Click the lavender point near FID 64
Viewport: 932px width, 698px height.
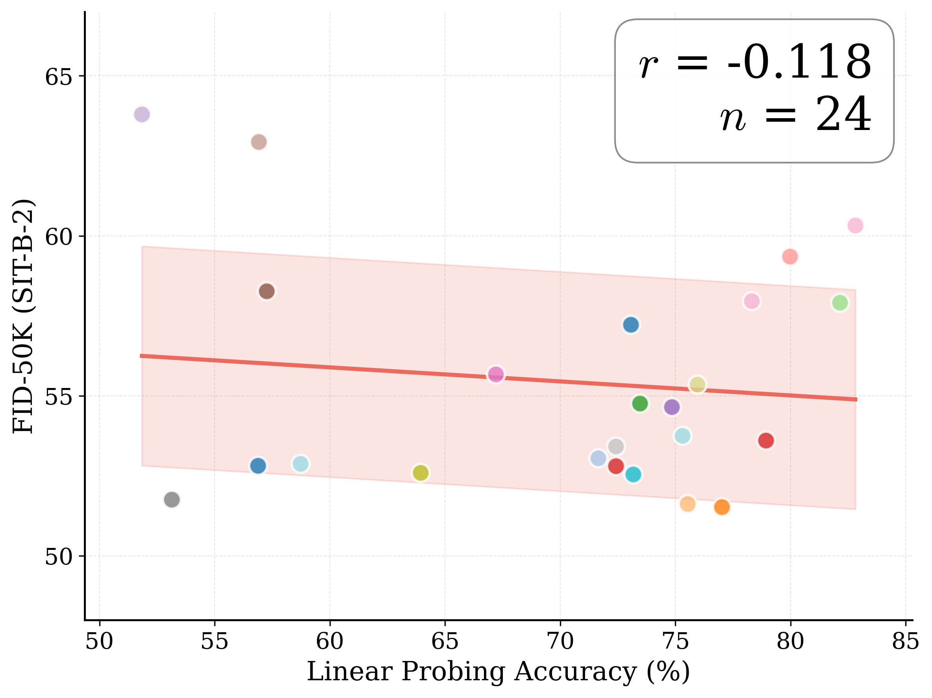point(142,114)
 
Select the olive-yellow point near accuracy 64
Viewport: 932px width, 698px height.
point(421,473)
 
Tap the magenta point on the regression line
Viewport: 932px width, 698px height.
point(496,374)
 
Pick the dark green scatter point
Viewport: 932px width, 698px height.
point(639,403)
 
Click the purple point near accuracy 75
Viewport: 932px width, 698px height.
point(672,407)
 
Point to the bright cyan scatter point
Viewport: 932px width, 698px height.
point(633,475)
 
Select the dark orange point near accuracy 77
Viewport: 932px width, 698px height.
point(722,507)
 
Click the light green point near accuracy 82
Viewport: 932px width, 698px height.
point(840,303)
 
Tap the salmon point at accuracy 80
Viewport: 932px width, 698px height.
point(790,256)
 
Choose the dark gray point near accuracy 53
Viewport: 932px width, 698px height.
point(172,500)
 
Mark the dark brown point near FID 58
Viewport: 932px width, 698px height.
point(267,291)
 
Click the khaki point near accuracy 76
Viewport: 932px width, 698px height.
point(697,384)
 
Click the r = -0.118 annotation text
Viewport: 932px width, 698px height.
point(754,62)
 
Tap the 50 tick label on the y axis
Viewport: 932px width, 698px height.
point(59,556)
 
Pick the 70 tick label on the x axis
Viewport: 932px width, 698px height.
point(560,642)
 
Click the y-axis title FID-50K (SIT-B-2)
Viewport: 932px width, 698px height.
point(23,316)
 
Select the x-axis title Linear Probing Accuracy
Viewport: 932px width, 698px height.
point(498,672)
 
